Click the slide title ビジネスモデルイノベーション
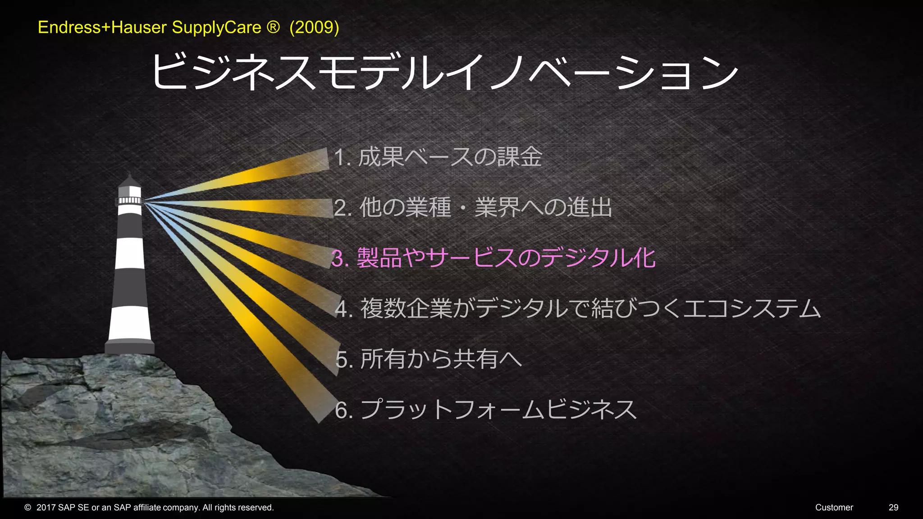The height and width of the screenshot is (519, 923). point(444,72)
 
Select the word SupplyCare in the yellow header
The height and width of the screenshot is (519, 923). point(216,27)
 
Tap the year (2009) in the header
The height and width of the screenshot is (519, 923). point(314,27)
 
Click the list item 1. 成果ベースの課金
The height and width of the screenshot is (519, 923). point(438,157)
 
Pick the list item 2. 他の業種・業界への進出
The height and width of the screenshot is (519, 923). point(473,208)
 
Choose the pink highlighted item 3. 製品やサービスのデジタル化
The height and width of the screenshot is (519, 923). point(493,258)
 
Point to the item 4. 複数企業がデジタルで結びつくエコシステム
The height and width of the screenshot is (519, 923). point(578,309)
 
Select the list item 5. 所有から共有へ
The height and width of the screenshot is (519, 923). point(429,359)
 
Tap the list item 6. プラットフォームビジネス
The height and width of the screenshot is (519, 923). point(486,410)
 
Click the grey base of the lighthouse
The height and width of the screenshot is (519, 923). point(130,347)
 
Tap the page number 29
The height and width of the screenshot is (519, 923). point(893,508)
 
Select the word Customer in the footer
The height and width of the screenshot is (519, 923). point(834,508)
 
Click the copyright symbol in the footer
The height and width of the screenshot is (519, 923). point(28,508)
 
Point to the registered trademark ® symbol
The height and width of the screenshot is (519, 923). point(273,27)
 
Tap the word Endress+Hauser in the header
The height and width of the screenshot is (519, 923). point(102,27)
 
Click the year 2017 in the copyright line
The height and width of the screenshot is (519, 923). point(46,508)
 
